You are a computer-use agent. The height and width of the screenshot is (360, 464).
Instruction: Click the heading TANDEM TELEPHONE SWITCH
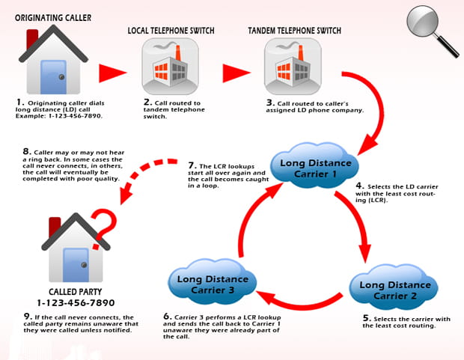coord(295,29)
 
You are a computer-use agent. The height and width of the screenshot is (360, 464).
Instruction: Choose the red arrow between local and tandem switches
coord(234,73)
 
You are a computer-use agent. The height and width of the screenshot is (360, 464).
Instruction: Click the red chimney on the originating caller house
coord(32,38)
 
